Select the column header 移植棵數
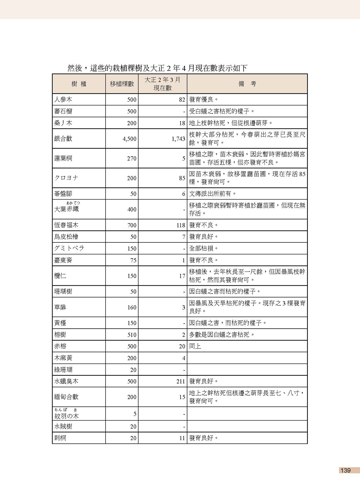[122, 84]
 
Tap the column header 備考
[247, 84]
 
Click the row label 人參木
[63, 100]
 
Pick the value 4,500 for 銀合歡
[129, 139]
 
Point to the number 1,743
[178, 139]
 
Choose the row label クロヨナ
[66, 178]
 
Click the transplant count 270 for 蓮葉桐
[131, 159]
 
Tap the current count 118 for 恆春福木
[181, 225]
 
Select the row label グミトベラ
[69, 249]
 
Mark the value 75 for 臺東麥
[133, 260]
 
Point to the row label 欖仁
[60, 276]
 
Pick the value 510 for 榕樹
[132, 335]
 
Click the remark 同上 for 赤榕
[195, 346]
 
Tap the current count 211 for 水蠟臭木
[181, 381]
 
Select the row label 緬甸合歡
[66, 397]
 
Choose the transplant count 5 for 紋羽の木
[135, 414]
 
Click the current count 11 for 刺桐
[182, 438]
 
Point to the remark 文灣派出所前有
[213, 194]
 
